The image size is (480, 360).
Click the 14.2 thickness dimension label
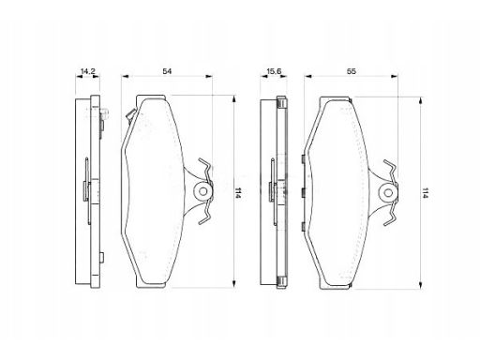[x=87, y=71]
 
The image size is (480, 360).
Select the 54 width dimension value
[x=167, y=71]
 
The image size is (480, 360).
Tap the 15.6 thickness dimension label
[x=274, y=71]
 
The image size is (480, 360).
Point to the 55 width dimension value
[x=352, y=71]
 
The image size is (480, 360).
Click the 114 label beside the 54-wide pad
[x=238, y=193]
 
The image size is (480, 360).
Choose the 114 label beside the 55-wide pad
[x=425, y=193]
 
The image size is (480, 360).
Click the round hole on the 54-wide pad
[x=203, y=191]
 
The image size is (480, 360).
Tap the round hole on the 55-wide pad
[x=388, y=193]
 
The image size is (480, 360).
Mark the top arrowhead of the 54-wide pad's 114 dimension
[x=233, y=99]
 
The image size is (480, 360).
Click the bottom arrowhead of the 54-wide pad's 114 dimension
[x=233, y=283]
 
